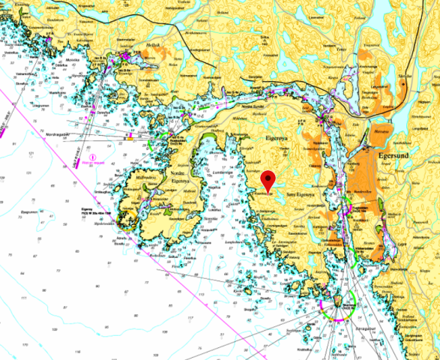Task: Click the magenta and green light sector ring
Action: click(x=335, y=307)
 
